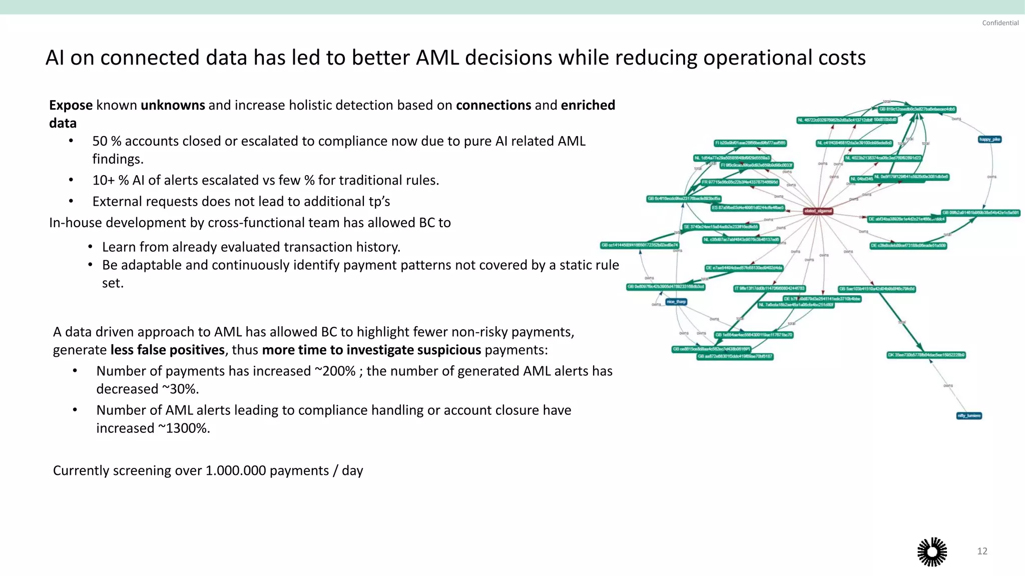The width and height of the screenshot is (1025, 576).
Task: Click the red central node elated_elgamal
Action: pyautogui.click(x=818, y=211)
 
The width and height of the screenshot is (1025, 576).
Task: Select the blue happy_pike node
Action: pyautogui.click(x=989, y=139)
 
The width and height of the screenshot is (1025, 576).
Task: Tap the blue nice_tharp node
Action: pyautogui.click(x=676, y=302)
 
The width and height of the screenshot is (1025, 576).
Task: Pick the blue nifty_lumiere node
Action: pyautogui.click(x=969, y=416)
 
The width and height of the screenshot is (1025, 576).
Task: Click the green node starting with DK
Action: pyautogui.click(x=926, y=355)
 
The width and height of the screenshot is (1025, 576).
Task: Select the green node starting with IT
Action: pyautogui.click(x=770, y=289)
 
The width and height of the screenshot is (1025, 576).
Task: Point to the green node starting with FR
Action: pyautogui.click(x=739, y=182)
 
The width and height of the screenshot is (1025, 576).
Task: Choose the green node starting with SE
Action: pyautogui.click(x=721, y=227)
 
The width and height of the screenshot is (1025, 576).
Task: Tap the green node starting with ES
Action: pyautogui.click(x=748, y=208)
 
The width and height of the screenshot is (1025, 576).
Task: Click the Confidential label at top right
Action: pyautogui.click(x=1000, y=23)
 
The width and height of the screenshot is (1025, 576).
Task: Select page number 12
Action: pyautogui.click(x=982, y=551)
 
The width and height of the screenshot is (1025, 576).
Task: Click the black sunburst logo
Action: pyautogui.click(x=932, y=552)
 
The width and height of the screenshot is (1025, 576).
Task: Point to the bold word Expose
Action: pyautogui.click(x=71, y=106)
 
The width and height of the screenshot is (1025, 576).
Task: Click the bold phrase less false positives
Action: pyautogui.click(x=167, y=350)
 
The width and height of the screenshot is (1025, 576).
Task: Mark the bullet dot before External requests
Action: pyautogui.click(x=71, y=202)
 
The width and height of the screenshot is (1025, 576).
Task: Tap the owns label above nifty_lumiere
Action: pyautogui.click(x=948, y=386)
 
